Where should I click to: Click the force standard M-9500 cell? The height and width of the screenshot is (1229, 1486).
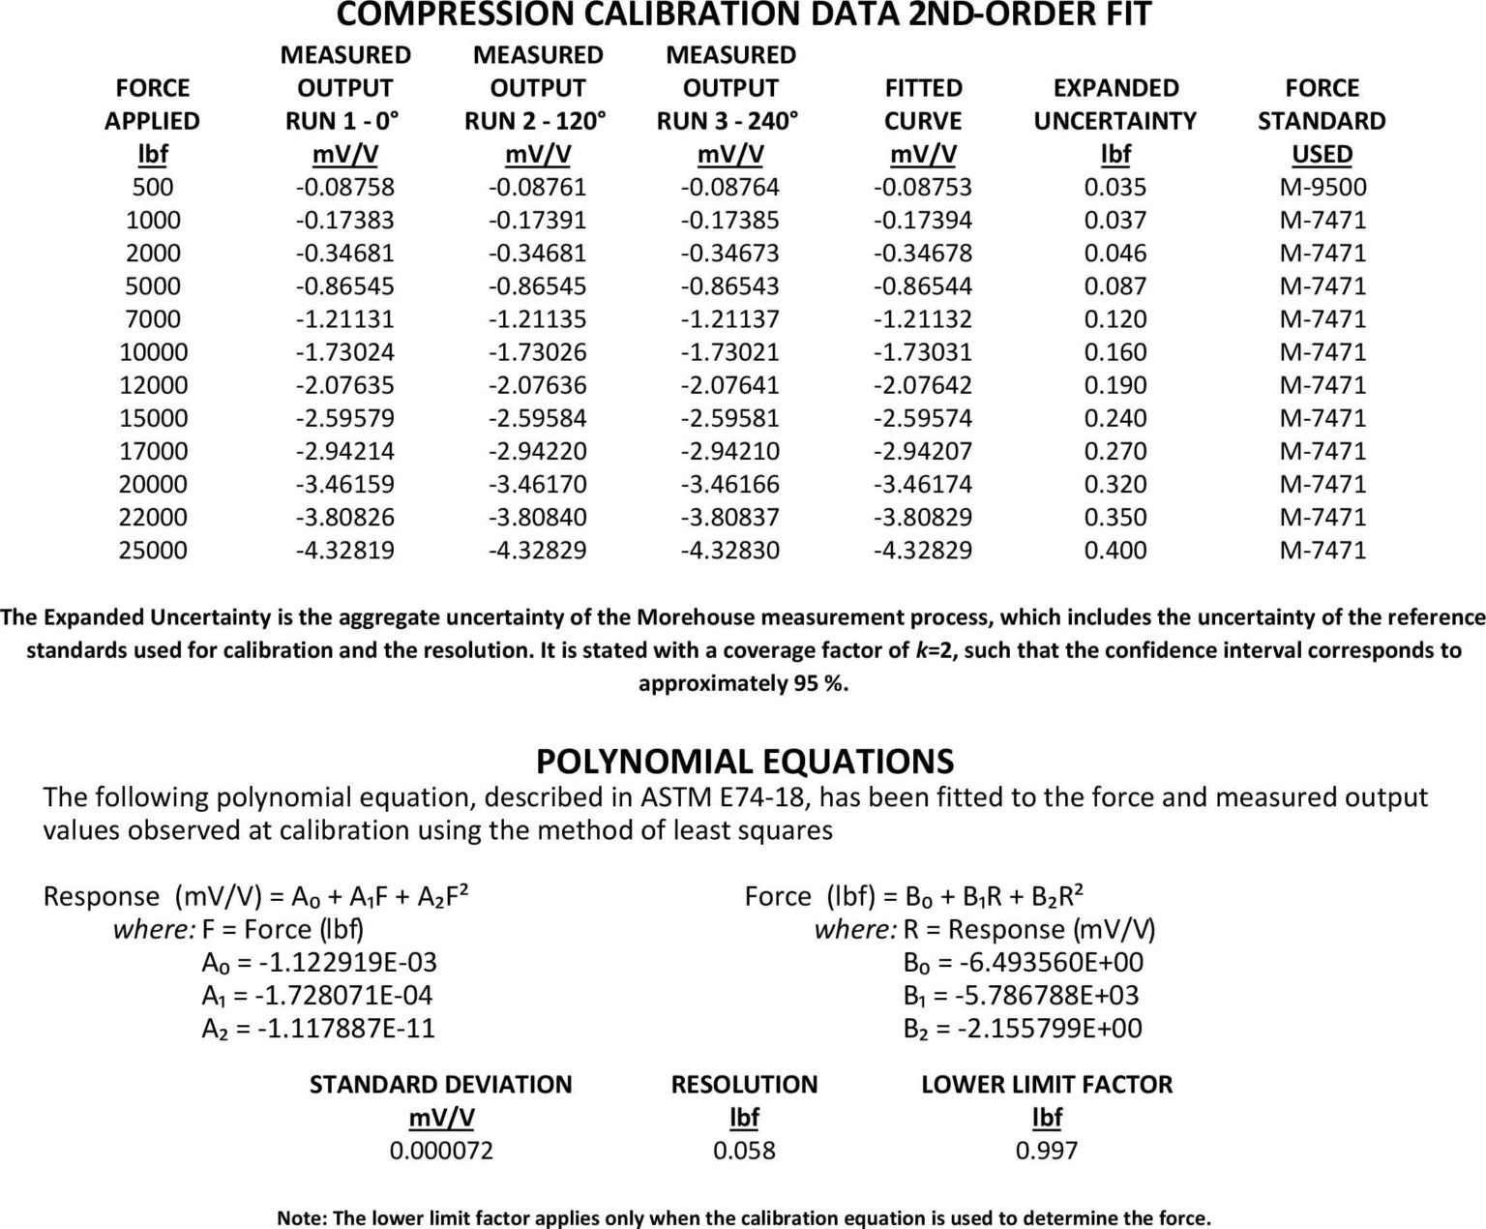point(1322,187)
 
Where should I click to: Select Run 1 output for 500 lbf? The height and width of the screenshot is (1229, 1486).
point(344,187)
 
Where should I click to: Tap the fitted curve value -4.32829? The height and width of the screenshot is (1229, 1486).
point(922,550)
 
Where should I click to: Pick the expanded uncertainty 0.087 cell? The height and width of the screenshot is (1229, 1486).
point(1114,285)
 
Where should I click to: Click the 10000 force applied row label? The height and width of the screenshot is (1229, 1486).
point(153,351)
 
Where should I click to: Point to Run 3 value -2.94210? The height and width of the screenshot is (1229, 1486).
point(729,451)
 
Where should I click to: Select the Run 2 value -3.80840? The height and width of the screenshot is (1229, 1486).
point(537,517)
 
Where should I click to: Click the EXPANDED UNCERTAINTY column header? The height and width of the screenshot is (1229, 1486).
point(1114,105)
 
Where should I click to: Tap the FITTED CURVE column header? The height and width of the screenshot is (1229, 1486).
point(923,105)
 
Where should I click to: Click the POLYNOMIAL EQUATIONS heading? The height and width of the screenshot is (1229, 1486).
point(744,761)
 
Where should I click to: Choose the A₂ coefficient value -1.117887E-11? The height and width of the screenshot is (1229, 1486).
point(345,1028)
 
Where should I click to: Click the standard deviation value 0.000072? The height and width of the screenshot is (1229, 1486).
point(441,1150)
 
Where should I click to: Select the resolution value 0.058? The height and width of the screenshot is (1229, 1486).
point(744,1150)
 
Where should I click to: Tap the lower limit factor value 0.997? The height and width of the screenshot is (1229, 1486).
point(1047,1150)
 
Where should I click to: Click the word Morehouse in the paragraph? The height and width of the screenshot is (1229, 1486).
point(689,617)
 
